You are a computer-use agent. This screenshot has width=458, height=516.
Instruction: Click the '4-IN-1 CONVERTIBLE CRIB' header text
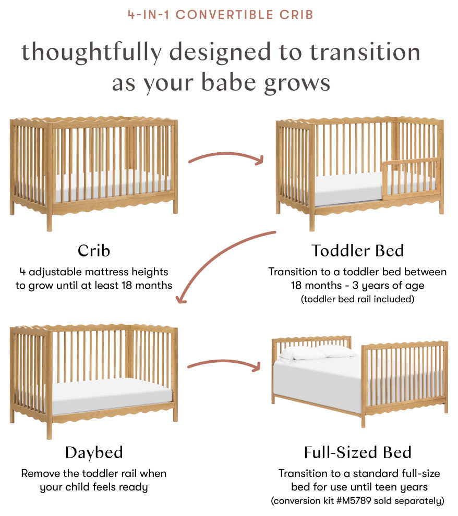(220, 15)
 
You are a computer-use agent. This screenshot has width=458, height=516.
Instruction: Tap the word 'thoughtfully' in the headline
(91, 53)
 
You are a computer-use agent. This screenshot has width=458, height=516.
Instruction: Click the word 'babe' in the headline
(228, 82)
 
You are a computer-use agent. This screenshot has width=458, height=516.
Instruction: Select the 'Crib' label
(94, 251)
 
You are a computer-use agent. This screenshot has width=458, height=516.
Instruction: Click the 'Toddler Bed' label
(357, 251)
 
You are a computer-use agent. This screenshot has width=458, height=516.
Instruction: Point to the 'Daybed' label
(94, 452)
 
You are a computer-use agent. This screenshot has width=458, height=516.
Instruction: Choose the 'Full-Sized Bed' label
(357, 452)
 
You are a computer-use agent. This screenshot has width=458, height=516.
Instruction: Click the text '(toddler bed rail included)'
(357, 299)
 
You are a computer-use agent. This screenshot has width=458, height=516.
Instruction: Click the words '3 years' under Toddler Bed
(371, 285)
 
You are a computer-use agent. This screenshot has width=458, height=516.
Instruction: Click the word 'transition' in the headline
(365, 53)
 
